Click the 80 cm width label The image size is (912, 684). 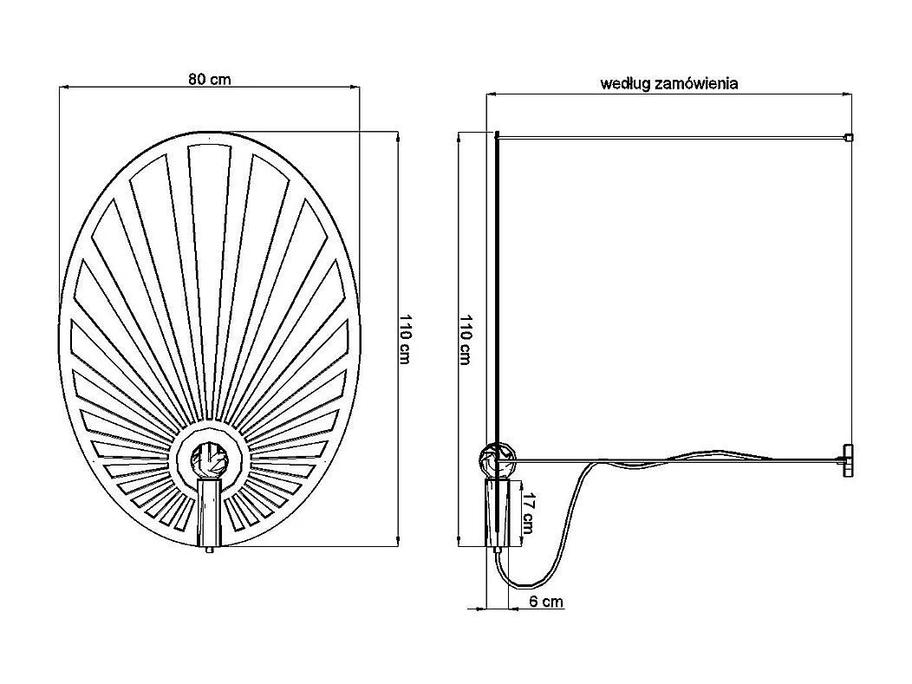point(209,79)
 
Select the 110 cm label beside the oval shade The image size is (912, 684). point(404,338)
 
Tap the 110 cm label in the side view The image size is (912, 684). point(465,339)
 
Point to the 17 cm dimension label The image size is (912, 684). point(529,513)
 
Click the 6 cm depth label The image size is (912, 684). point(546,601)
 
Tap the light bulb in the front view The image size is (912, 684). point(209,457)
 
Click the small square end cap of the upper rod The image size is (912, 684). point(849,137)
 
